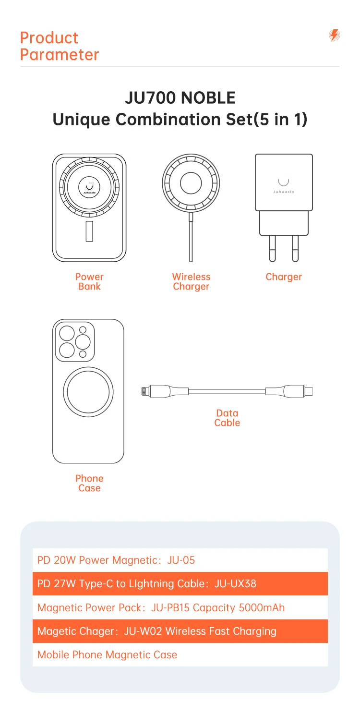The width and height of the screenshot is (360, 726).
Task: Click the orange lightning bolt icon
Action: click(335, 35)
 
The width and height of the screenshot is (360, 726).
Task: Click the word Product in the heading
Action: click(49, 38)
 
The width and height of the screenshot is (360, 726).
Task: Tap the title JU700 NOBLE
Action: click(180, 98)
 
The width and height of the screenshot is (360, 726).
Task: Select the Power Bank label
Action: click(89, 281)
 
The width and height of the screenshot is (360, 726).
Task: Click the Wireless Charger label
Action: click(191, 281)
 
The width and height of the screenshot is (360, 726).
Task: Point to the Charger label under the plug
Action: click(284, 277)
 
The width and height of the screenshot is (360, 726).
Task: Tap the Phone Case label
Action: click(89, 483)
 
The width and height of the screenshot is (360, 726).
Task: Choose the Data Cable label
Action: click(227, 418)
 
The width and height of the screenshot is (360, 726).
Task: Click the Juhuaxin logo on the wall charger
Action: click(284, 186)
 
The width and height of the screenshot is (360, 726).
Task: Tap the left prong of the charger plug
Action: click(273, 249)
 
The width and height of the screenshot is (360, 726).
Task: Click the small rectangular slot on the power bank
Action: click(89, 231)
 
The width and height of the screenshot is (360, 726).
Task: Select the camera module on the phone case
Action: click(75, 342)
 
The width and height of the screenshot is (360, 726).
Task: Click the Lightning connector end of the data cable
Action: click(145, 391)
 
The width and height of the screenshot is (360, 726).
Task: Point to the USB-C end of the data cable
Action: click(309, 391)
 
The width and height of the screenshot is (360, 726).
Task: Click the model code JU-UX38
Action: click(235, 584)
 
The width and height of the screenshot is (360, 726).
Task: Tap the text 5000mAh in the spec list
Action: click(262, 607)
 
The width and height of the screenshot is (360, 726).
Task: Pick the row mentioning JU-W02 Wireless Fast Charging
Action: click(180, 631)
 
